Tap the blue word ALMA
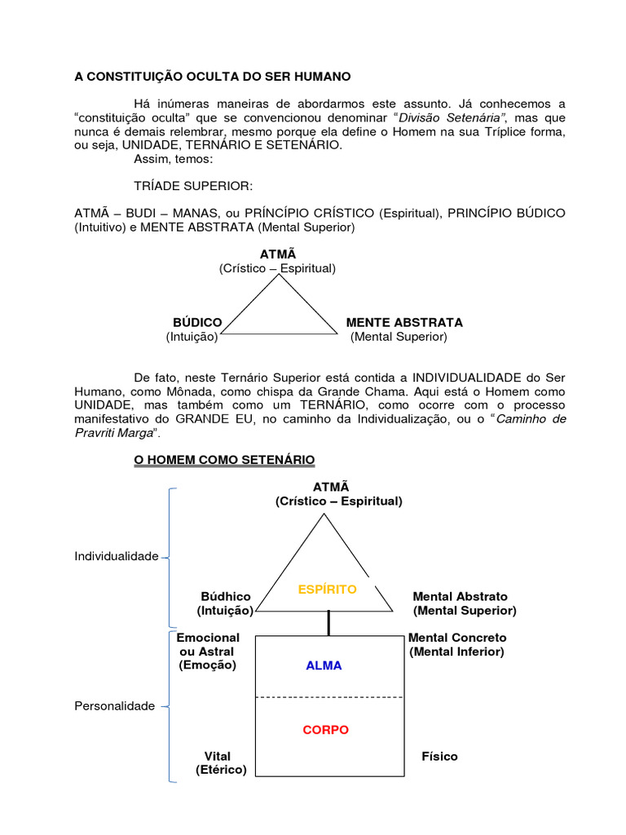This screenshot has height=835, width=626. click(x=324, y=665)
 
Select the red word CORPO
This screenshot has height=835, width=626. click(x=325, y=730)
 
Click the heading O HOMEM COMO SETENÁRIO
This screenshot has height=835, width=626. click(x=224, y=461)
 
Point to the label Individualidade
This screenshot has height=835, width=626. click(x=116, y=556)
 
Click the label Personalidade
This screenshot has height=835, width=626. click(x=114, y=706)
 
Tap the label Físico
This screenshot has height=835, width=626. click(x=439, y=756)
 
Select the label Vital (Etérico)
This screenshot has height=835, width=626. click(x=221, y=762)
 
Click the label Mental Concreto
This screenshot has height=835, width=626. click(x=457, y=638)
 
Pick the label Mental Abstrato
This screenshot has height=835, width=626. click(x=460, y=597)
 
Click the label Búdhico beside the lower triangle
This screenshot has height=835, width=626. click(x=226, y=597)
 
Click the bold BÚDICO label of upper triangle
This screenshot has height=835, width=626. click(x=197, y=323)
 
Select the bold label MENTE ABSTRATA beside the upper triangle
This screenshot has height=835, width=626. click(x=404, y=323)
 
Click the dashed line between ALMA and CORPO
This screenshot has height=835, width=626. click(x=330, y=697)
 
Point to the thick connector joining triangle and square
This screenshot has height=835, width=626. click(x=329, y=623)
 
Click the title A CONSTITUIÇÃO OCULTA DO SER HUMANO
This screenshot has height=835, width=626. click(x=213, y=77)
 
